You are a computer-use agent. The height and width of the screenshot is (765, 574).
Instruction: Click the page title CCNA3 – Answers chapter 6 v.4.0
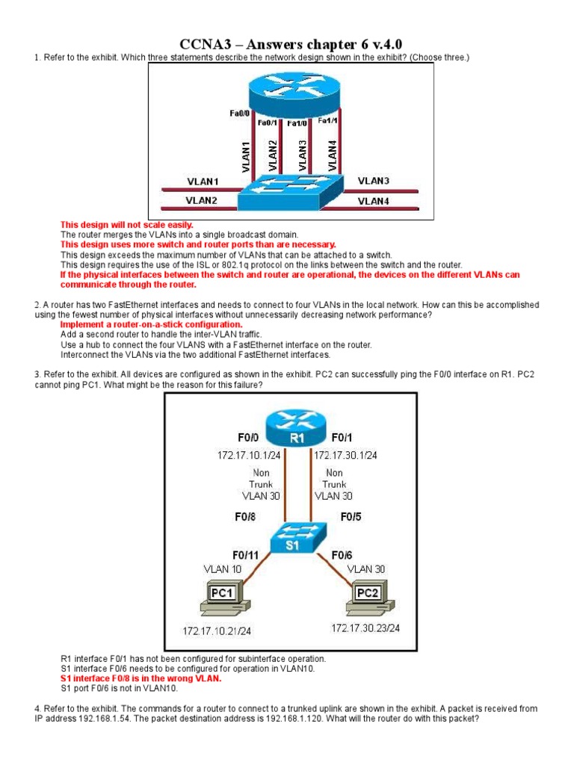click(x=286, y=44)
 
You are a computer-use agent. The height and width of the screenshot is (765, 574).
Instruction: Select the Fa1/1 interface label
click(x=328, y=120)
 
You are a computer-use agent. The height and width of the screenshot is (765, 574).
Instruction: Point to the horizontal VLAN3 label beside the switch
click(x=373, y=181)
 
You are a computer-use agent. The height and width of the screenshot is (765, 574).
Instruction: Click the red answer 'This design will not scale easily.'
click(x=126, y=225)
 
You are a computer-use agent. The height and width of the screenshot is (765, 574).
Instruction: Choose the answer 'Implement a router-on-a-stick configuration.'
click(x=151, y=325)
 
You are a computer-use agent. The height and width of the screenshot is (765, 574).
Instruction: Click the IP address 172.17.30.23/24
click(x=365, y=628)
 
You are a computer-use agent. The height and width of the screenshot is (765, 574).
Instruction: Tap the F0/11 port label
click(x=247, y=554)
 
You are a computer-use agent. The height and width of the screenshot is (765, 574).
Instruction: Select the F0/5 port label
click(x=352, y=515)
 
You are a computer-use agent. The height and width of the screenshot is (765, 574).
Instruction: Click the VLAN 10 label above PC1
click(x=223, y=569)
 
